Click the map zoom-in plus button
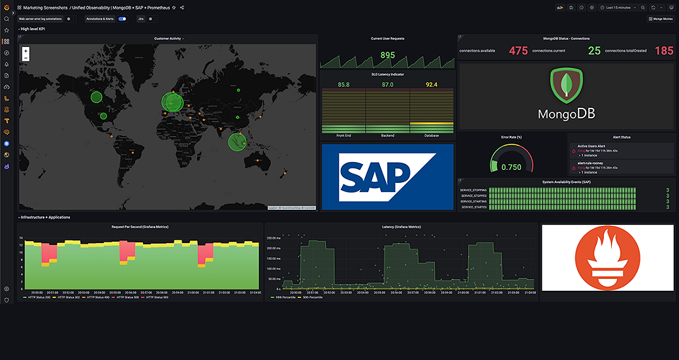click(x=25, y=50)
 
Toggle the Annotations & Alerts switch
click(x=122, y=19)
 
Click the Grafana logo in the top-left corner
click(x=7, y=7)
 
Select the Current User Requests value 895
click(x=387, y=56)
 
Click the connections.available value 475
click(x=518, y=51)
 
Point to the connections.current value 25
click(x=594, y=51)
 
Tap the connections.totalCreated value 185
click(x=663, y=51)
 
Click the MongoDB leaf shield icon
click(x=566, y=87)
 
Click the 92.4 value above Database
click(x=431, y=85)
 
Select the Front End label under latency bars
click(x=344, y=136)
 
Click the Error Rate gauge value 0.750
click(x=511, y=167)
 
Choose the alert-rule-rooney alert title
click(x=590, y=163)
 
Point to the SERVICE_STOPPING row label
click(x=473, y=190)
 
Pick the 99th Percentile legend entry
click(x=283, y=297)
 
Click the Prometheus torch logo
click(x=607, y=257)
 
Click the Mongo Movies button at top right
click(x=660, y=19)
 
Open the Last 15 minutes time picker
click(x=618, y=7)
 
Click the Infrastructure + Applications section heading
click(x=45, y=218)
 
